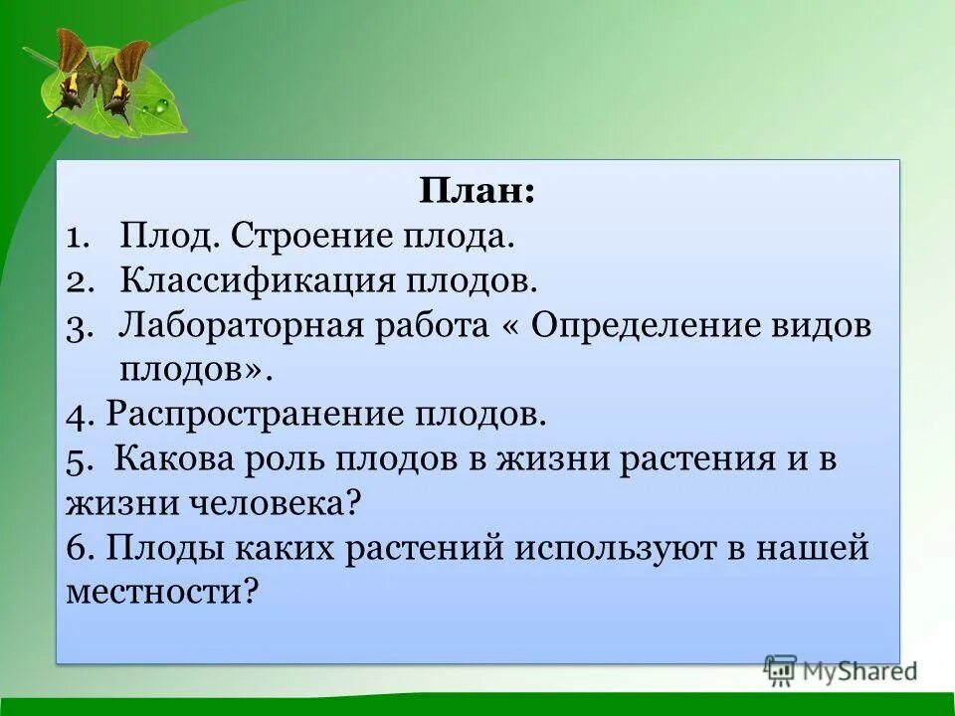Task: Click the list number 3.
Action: point(82,326)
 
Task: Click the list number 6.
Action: point(80,548)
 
